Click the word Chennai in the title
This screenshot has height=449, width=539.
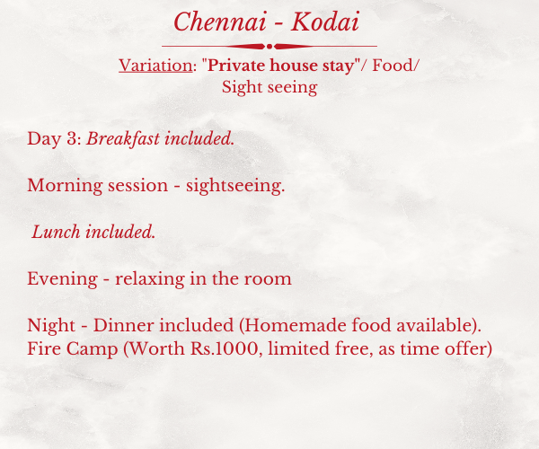pyautogui.click(x=220, y=22)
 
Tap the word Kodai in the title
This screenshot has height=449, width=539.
pyautogui.click(x=325, y=22)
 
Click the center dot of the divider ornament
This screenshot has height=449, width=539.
pyautogui.click(x=269, y=47)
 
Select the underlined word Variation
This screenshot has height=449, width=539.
pyautogui.click(x=155, y=66)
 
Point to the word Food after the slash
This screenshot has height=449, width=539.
pyautogui.click(x=393, y=66)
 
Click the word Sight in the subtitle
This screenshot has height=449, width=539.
pyautogui.click(x=239, y=88)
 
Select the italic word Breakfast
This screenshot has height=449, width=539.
pyautogui.click(x=123, y=139)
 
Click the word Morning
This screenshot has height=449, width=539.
pyautogui.click(x=65, y=186)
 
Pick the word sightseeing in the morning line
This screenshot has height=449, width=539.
pyautogui.click(x=235, y=186)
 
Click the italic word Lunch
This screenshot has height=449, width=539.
pyautogui.click(x=56, y=232)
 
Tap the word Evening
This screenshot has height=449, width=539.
pyautogui.click(x=62, y=279)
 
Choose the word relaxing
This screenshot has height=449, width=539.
pyautogui.click(x=150, y=279)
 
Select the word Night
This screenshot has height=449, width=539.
pyautogui.click(x=51, y=325)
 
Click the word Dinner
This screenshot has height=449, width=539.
pyautogui.click(x=123, y=325)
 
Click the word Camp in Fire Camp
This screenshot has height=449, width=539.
pyautogui.click(x=92, y=349)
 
